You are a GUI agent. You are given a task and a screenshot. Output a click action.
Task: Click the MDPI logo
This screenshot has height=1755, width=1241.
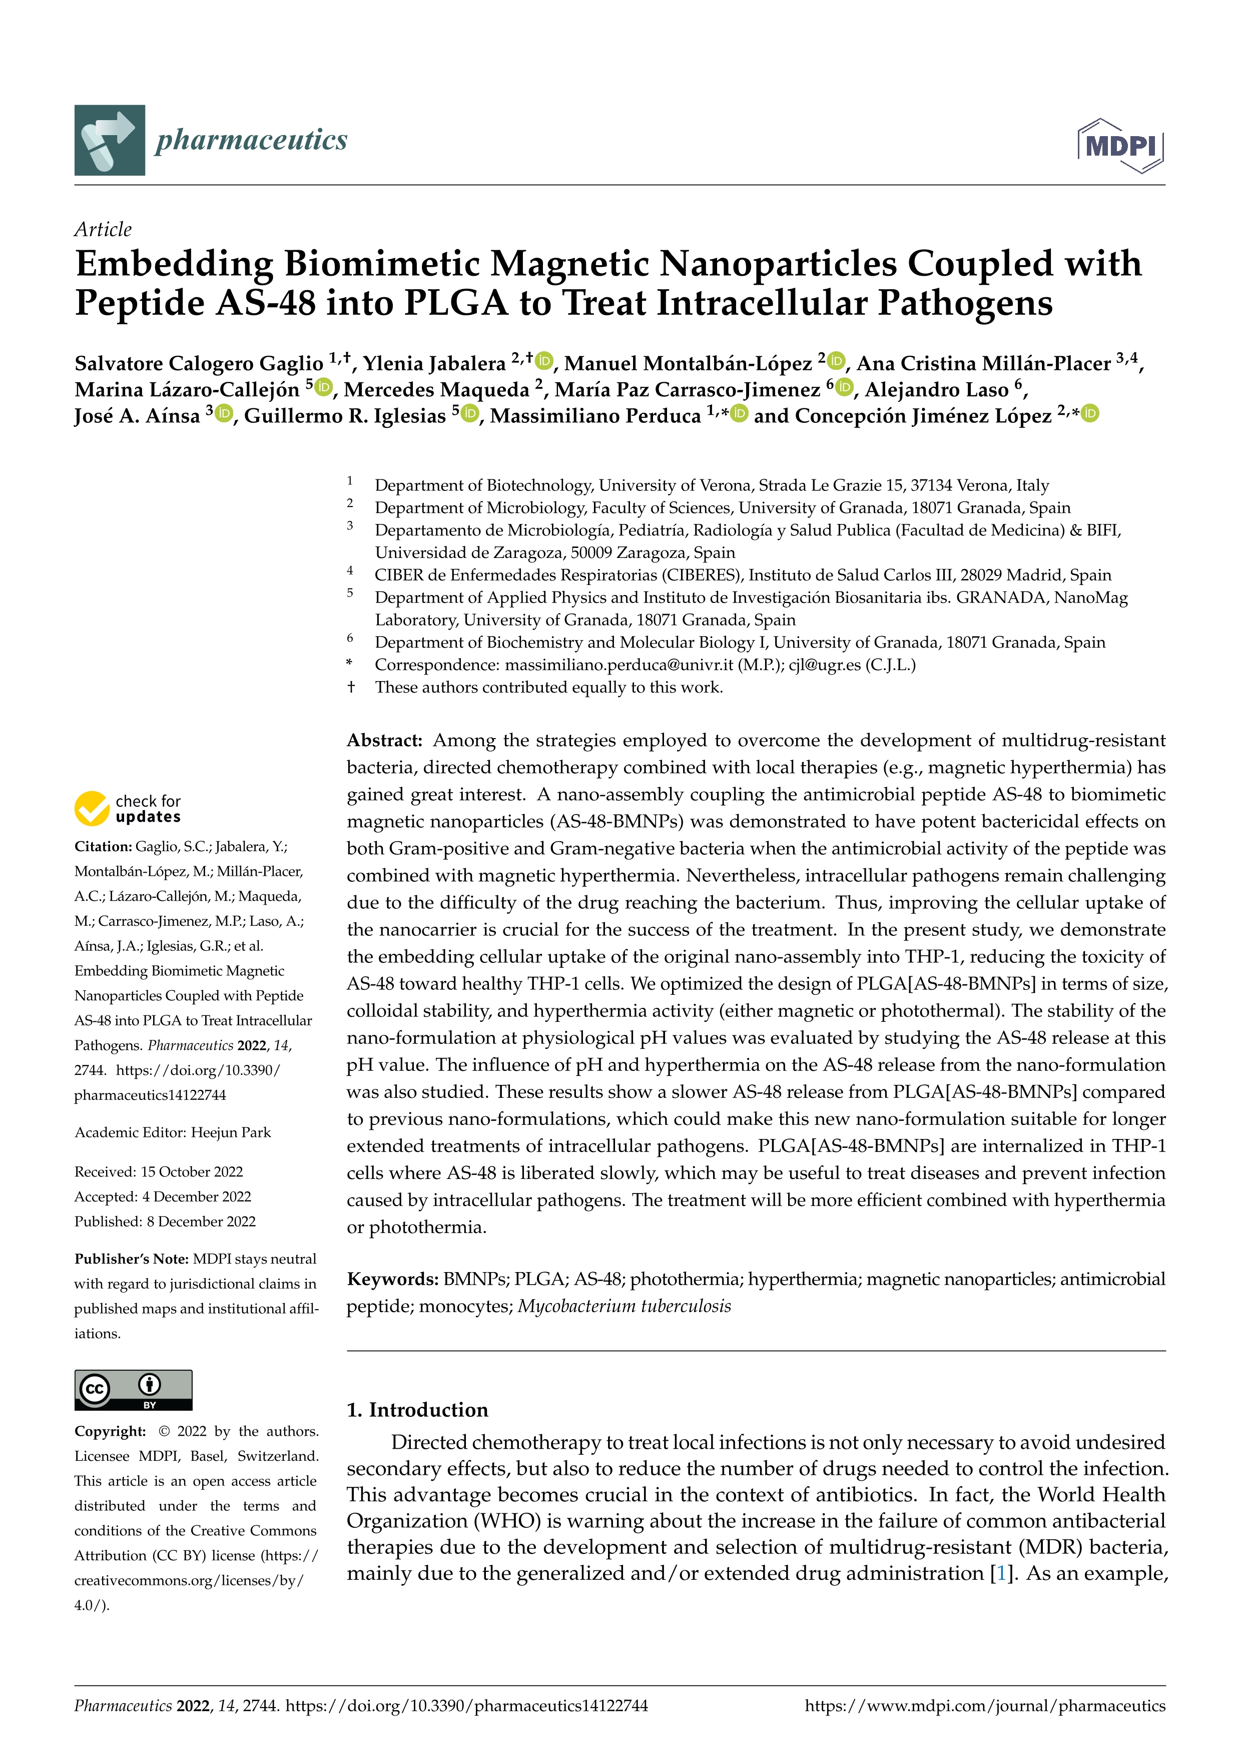coord(1120,145)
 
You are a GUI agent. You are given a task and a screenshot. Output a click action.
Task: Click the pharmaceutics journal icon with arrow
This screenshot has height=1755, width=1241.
coord(109,140)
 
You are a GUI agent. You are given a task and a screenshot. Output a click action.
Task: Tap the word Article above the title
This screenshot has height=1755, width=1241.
coord(103,229)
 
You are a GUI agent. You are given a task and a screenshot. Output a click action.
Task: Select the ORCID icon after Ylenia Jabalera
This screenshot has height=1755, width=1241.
coord(544,360)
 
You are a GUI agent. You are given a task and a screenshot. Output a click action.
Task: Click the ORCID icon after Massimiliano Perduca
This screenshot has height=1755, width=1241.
coord(739,413)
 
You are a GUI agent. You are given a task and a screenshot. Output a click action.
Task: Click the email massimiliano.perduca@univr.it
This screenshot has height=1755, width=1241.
coord(619,665)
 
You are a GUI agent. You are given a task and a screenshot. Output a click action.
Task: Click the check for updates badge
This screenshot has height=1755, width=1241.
coord(128,809)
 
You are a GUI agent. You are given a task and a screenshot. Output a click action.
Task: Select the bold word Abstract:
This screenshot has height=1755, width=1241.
coord(384,740)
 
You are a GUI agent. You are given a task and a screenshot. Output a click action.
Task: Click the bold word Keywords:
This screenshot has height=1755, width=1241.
coord(392,1280)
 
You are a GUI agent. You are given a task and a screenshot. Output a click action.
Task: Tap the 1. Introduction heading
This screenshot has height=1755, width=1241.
coord(417,1410)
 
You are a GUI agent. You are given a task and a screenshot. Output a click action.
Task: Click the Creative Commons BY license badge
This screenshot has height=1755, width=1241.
coord(133,1390)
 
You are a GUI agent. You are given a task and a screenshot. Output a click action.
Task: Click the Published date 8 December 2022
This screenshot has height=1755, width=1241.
coord(201,1222)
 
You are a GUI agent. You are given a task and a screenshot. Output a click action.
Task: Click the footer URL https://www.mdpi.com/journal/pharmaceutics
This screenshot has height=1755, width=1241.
coord(985,1706)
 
